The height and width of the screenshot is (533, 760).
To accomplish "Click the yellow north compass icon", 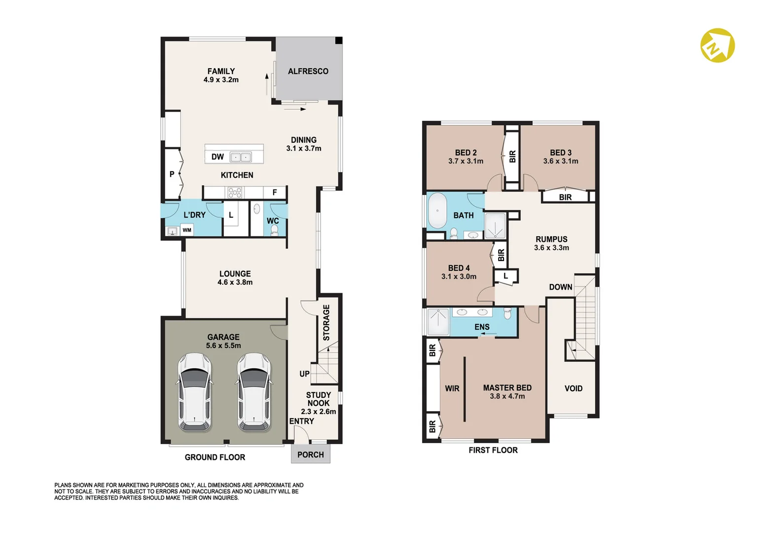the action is pos(717,45).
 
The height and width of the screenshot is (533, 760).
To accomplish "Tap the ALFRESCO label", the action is pos(308,71).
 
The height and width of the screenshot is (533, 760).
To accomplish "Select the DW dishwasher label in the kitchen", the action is pos(217,156).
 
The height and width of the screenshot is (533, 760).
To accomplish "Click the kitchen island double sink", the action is pos(241,157).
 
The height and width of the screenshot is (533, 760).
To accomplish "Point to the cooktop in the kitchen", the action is pos(235,193).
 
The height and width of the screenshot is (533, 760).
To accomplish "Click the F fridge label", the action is pos(275,192).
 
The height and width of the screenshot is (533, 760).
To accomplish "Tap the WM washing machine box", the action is pos(186,230).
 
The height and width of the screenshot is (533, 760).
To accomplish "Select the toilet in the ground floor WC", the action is pos(275,230).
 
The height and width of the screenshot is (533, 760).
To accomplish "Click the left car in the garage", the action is pos(195,392).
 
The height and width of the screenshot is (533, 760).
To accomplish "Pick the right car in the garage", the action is pos(254,392).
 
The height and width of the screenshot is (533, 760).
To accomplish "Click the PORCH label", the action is pos(310,455).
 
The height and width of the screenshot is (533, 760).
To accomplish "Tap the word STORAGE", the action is pos(326,323).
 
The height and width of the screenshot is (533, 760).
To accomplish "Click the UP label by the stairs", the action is pos(304,374).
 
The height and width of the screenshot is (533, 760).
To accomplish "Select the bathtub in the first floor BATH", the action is pos(437,211).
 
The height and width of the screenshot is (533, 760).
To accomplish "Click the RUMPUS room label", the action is pos(551,239).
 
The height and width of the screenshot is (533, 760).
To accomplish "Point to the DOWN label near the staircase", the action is pos(560,287).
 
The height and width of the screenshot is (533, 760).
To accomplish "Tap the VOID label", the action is pos(574,388).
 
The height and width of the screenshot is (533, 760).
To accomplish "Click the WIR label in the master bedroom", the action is pos(452,388).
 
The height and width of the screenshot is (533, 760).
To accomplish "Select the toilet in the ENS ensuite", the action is pos(507,313).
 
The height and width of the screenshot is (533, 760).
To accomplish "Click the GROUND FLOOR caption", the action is pos(215,457).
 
